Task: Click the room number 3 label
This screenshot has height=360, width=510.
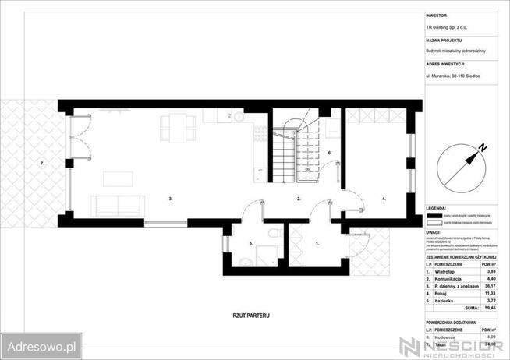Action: (x=171, y=199)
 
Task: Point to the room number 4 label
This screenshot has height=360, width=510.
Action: (x=383, y=199)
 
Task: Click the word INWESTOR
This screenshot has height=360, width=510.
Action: (x=437, y=15)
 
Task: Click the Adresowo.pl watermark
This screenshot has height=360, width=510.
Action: (x=41, y=344)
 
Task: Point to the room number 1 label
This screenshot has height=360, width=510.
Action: (x=317, y=244)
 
